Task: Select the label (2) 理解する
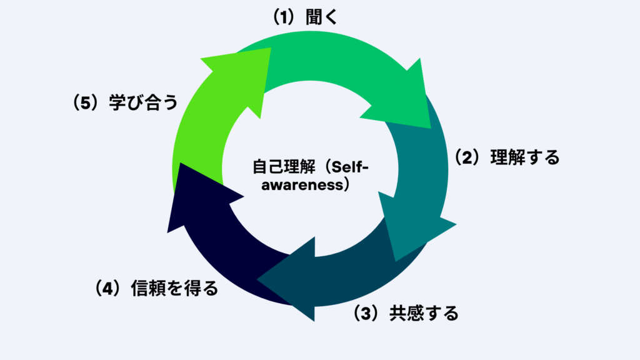[506, 157]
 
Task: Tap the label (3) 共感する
[406, 312]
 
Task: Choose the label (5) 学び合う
[125, 102]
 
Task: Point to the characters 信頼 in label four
[149, 288]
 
